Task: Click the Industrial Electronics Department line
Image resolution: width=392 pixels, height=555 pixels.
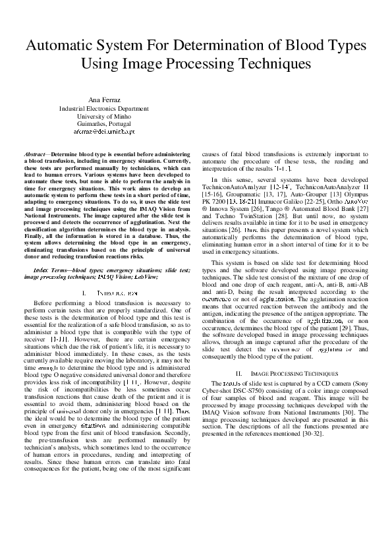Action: tap(103, 108)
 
